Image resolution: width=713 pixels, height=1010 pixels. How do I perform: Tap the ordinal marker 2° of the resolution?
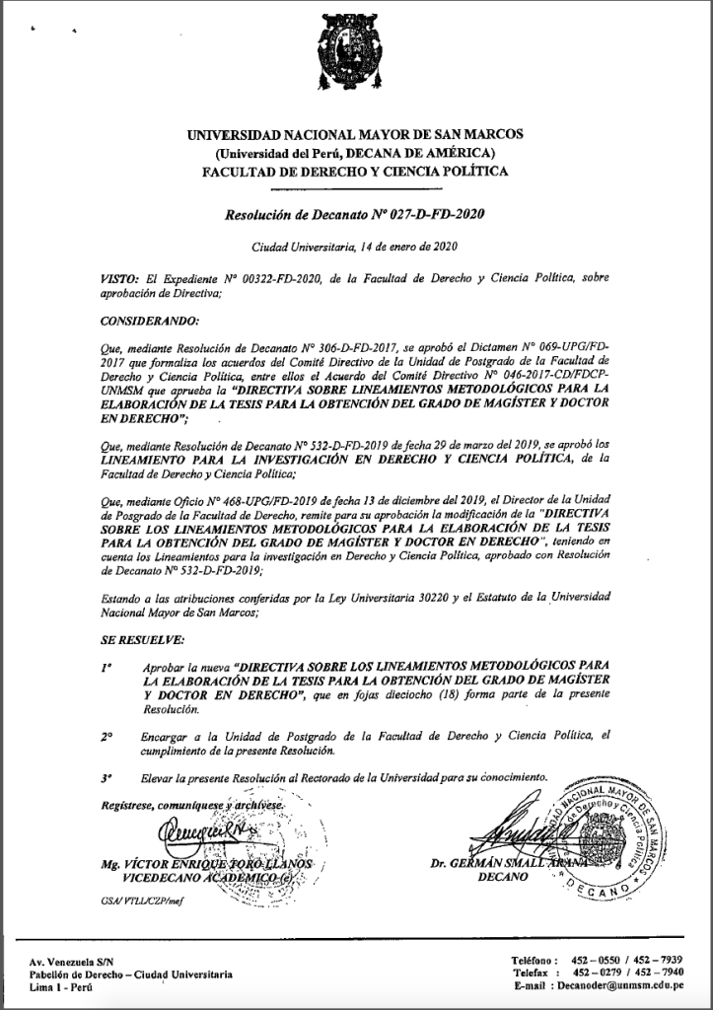(107, 736)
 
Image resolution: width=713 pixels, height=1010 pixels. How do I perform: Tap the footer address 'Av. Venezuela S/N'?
(71, 961)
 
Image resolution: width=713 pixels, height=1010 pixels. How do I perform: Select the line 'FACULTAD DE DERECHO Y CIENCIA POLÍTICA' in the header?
(355, 171)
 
